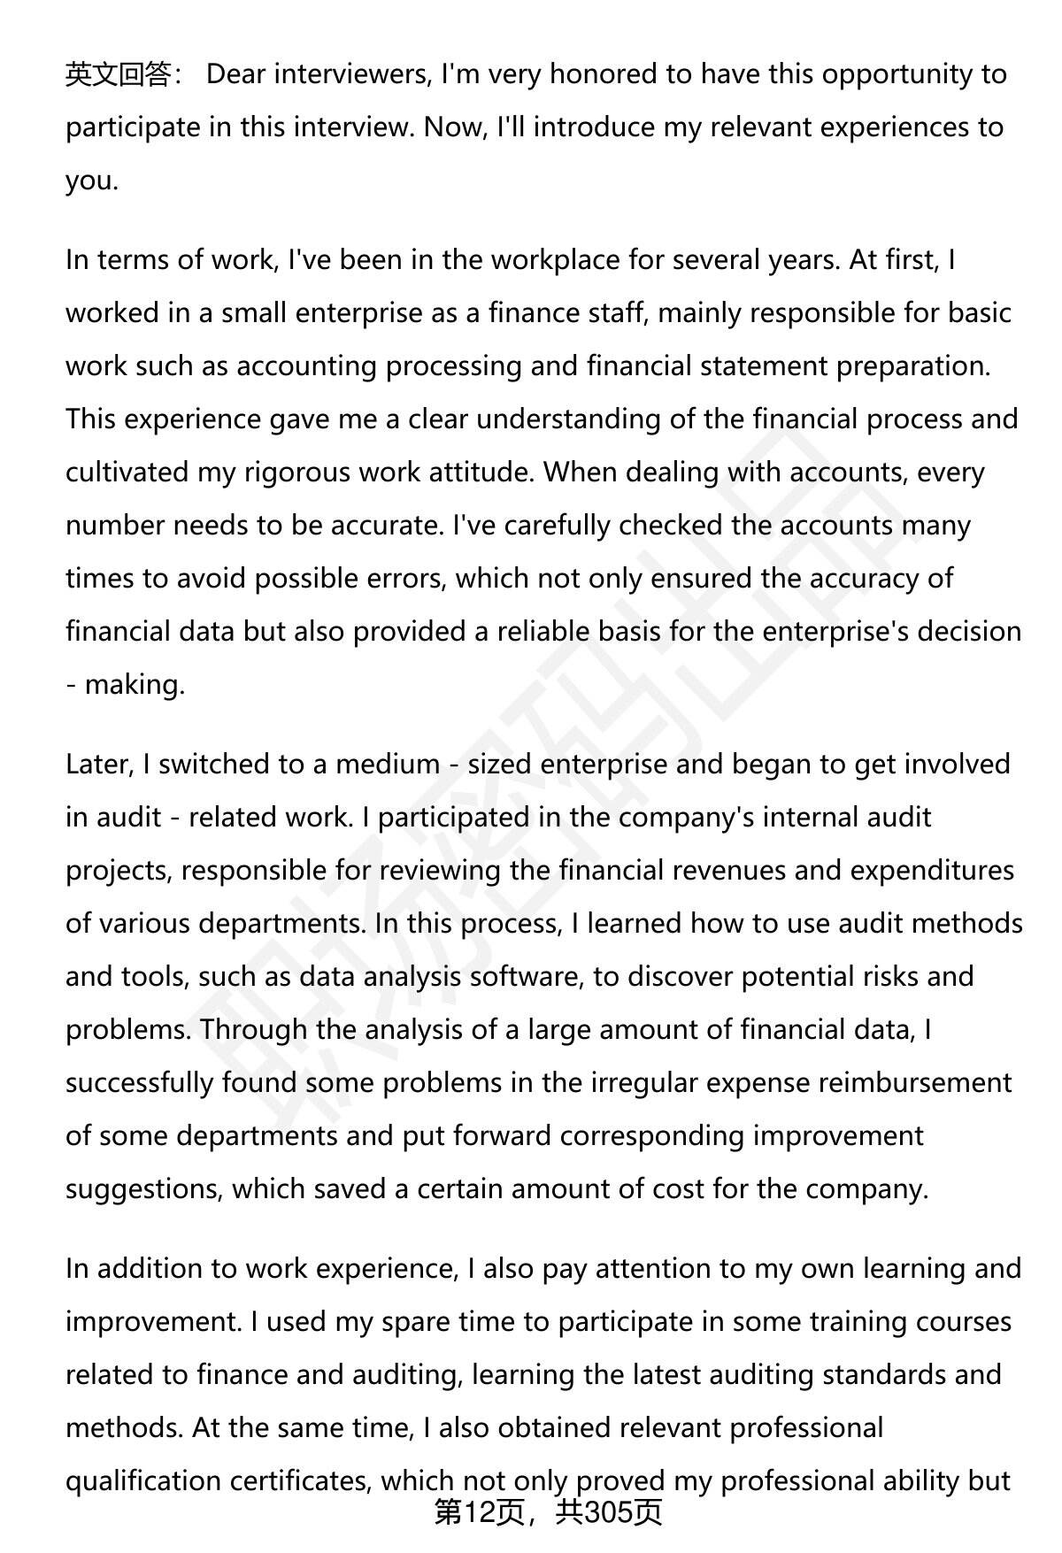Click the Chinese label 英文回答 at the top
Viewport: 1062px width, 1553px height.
119,74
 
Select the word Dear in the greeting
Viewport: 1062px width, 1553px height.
236,74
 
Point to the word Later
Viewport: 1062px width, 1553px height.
98,765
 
